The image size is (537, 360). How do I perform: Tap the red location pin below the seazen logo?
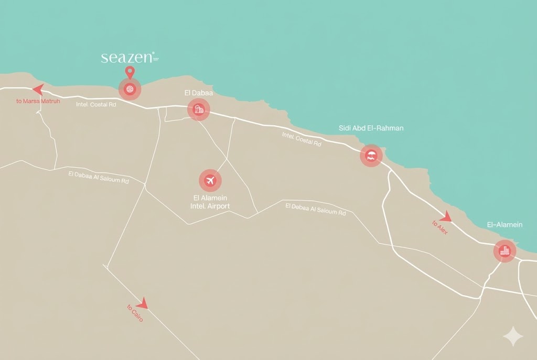pyautogui.click(x=130, y=73)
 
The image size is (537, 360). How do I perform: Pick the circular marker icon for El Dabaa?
pyautogui.click(x=199, y=110)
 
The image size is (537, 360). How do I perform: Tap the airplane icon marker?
pyautogui.click(x=210, y=181)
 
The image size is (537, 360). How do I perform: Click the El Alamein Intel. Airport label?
pyautogui.click(x=210, y=202)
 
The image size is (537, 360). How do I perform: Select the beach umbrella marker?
pyautogui.click(x=371, y=156)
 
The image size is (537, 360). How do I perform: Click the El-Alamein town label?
pyautogui.click(x=504, y=225)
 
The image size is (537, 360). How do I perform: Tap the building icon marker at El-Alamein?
pyautogui.click(x=505, y=252)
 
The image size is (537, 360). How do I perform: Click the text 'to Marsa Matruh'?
pyautogui.click(x=38, y=101)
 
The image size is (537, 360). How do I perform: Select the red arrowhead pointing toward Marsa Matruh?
pyautogui.click(x=38, y=89)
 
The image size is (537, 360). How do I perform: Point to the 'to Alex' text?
pyautogui.click(x=440, y=227)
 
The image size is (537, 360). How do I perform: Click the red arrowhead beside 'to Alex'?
pyautogui.click(x=445, y=216)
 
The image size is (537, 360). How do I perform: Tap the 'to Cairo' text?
pyautogui.click(x=135, y=313)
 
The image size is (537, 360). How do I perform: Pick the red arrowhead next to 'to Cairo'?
pyautogui.click(x=142, y=302)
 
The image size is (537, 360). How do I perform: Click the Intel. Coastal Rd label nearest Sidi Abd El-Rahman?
pyautogui.click(x=302, y=139)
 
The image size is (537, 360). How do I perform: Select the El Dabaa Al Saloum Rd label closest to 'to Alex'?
pyautogui.click(x=316, y=209)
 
